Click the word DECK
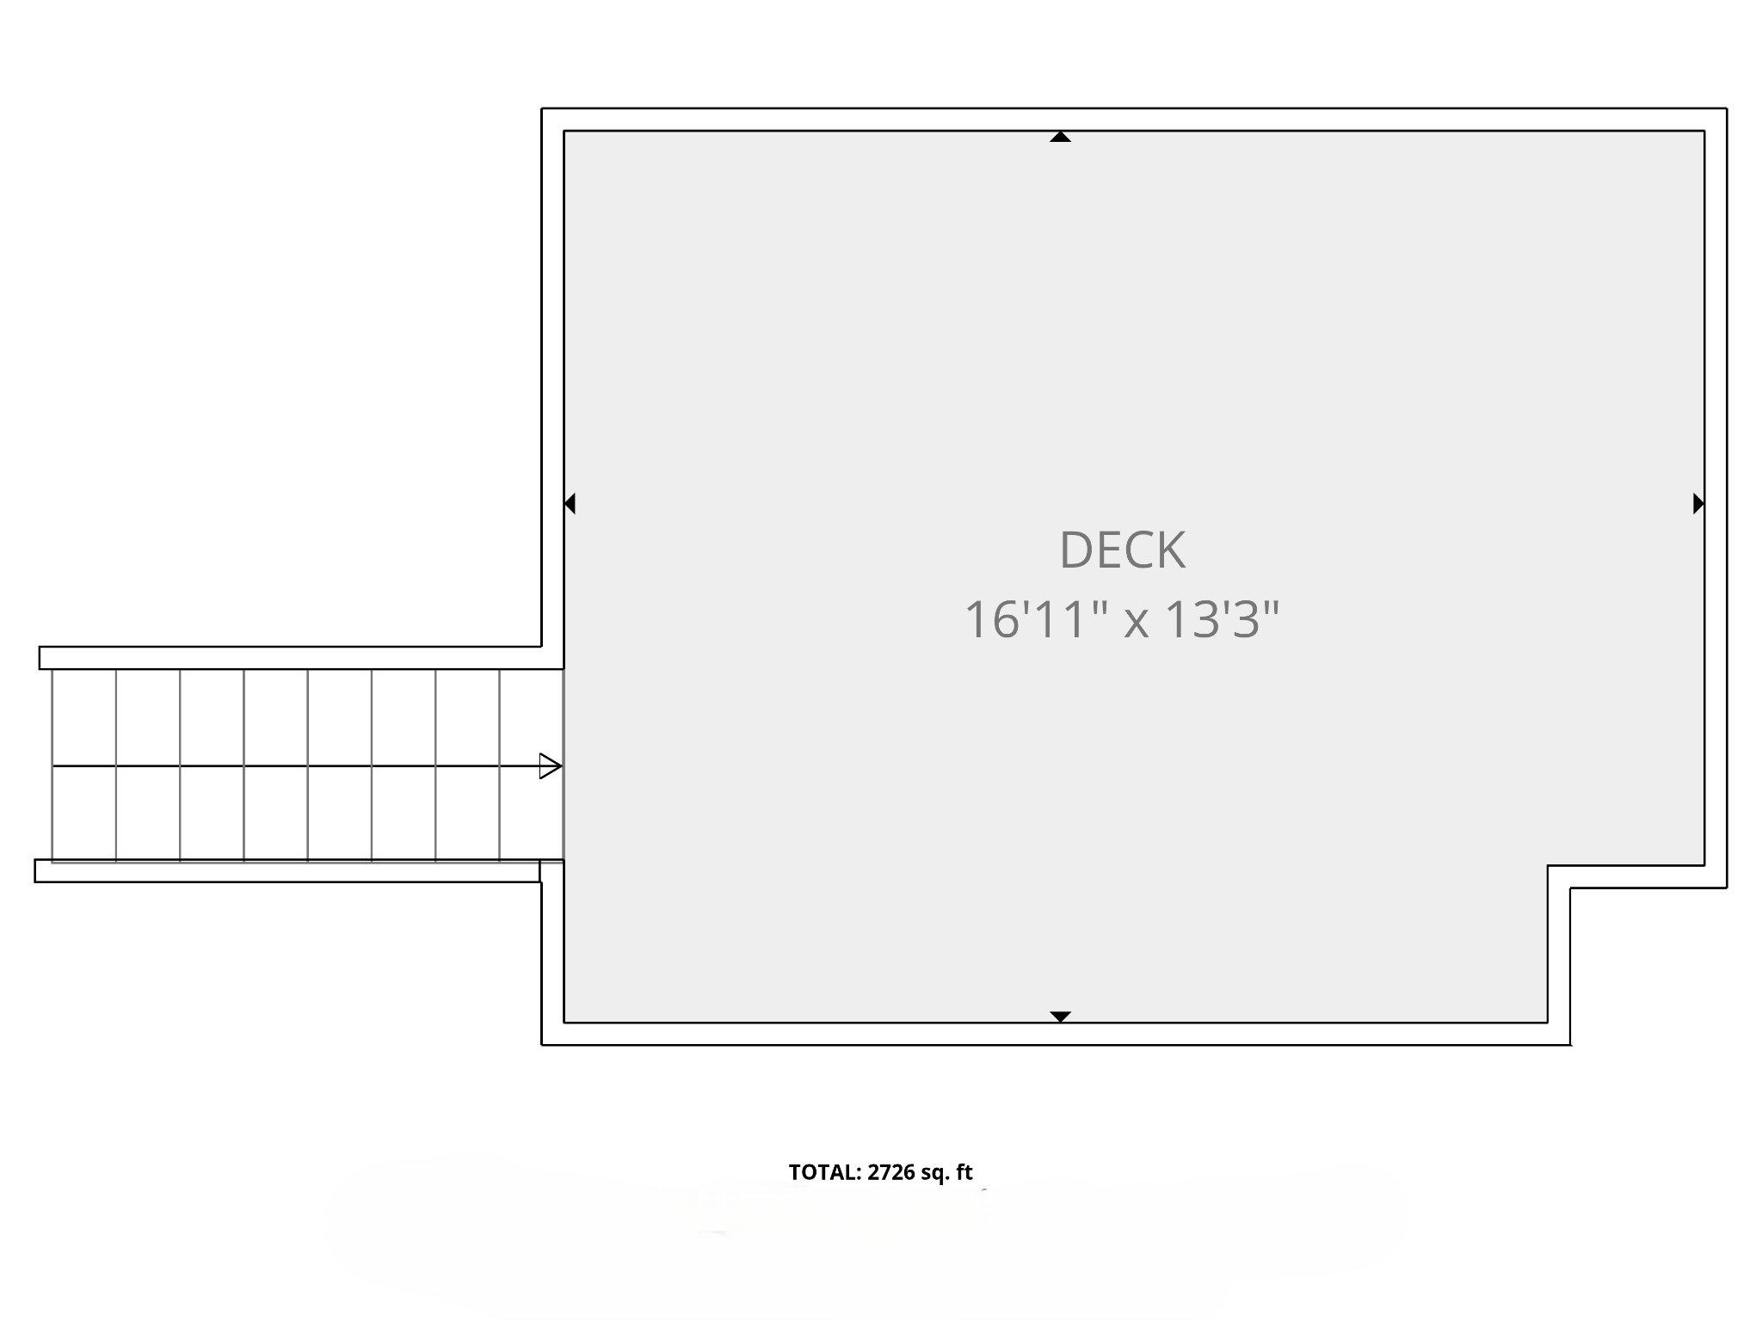(1122, 550)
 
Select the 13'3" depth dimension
(1222, 618)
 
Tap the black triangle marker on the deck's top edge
(1060, 136)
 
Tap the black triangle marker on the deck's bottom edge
(1061, 1017)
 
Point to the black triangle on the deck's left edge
(570, 503)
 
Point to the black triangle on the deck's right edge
(1698, 503)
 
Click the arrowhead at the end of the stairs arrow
(551, 765)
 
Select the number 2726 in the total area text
(890, 1172)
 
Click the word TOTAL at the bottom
(824, 1172)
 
